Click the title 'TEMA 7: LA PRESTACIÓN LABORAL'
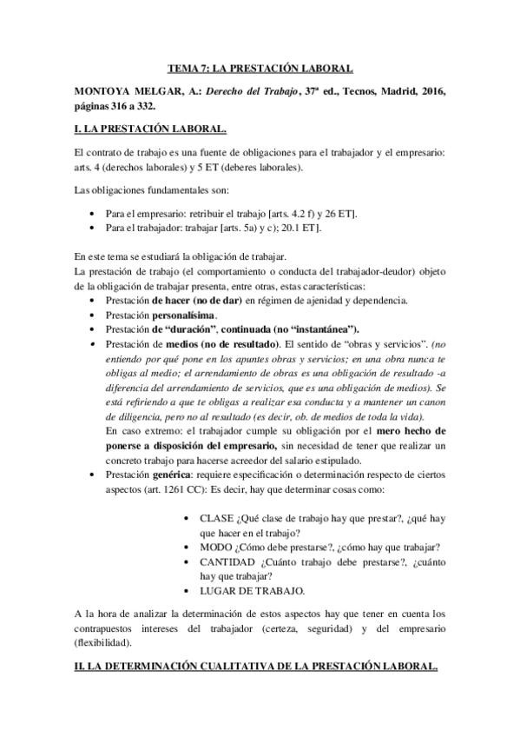260,68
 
